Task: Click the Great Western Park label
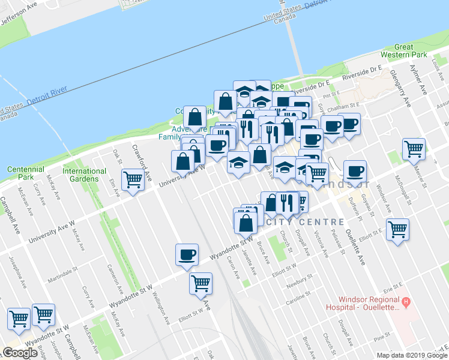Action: click(x=412, y=51)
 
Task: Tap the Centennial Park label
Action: click(x=25, y=173)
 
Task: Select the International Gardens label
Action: click(x=85, y=175)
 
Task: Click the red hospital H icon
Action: click(x=406, y=301)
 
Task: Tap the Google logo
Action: click(x=20, y=353)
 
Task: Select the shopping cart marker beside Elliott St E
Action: click(x=397, y=229)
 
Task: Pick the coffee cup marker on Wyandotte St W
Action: click(x=187, y=254)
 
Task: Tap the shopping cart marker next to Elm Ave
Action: click(x=133, y=178)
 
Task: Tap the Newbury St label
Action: click(x=301, y=283)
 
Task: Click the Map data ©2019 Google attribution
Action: click(x=411, y=355)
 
